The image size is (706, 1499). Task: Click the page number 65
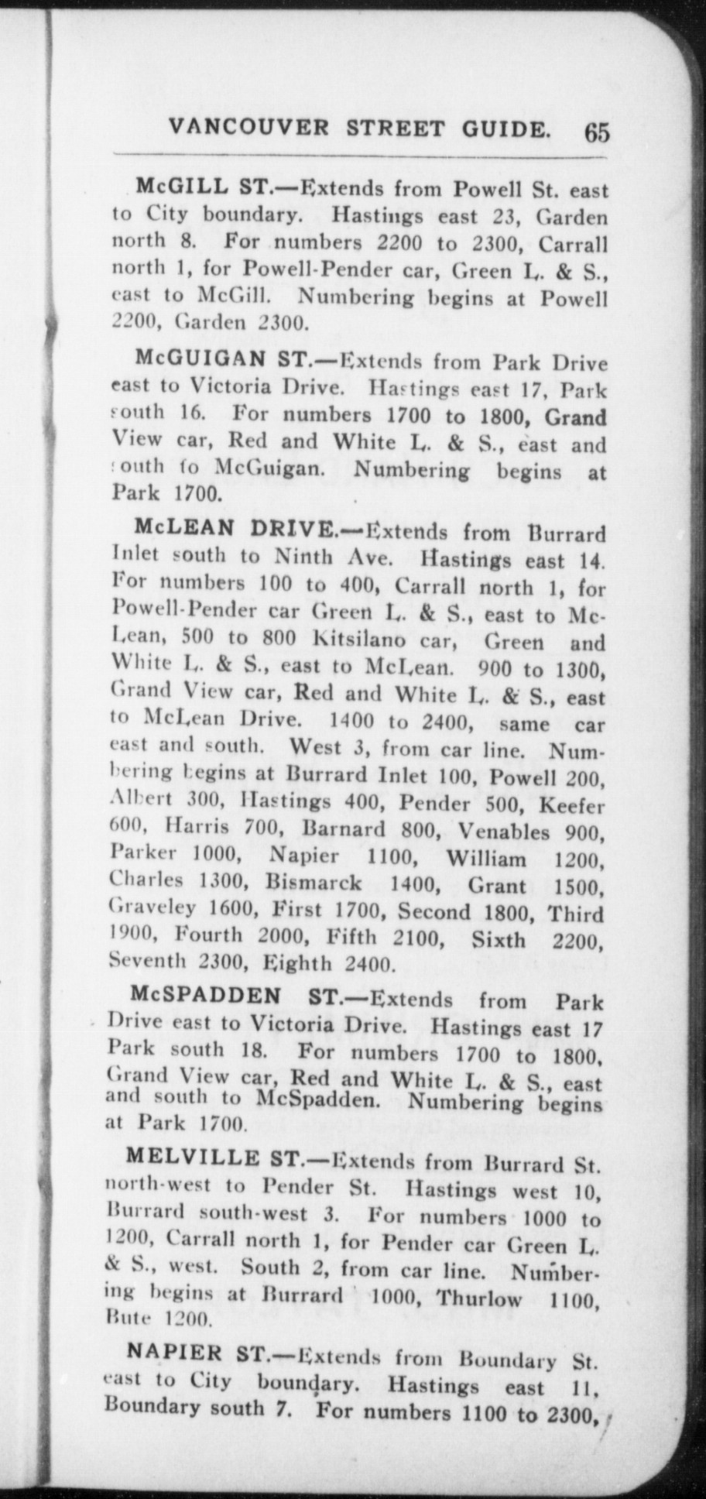point(597,131)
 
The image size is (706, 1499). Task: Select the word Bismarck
point(314,883)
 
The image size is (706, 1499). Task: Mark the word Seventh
point(148,962)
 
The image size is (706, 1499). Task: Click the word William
point(485,859)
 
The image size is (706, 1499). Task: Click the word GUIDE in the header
point(507,128)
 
